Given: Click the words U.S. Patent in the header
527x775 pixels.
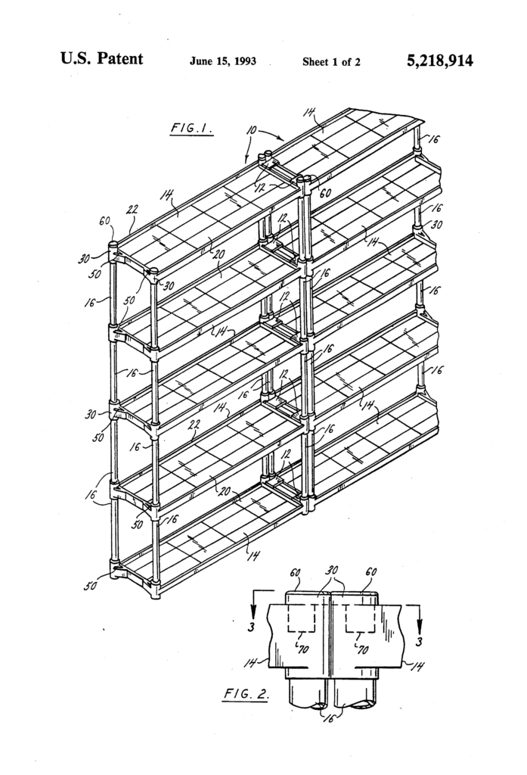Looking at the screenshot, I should click(101, 60).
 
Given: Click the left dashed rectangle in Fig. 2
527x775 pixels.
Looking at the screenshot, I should click(302, 618).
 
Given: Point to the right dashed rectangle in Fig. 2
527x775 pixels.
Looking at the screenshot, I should click(361, 618).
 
